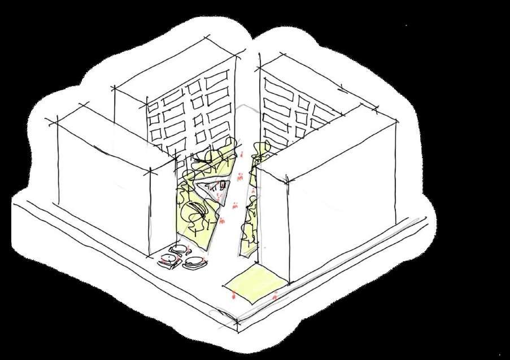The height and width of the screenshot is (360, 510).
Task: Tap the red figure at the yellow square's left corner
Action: [x=233, y=293]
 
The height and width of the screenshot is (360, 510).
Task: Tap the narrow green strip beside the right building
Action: [x=249, y=226]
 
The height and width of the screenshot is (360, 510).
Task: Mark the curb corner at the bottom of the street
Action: [x=237, y=322]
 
